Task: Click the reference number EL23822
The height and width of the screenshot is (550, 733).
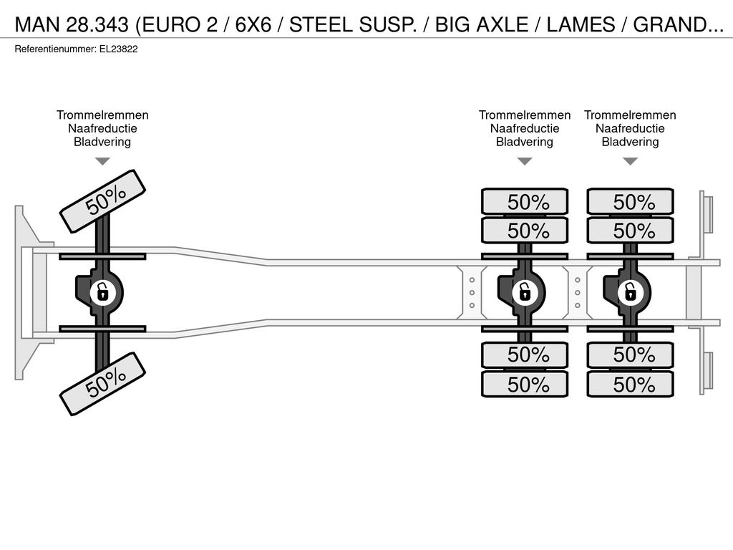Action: point(118,49)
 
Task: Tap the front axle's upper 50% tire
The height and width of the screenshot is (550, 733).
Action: point(103,201)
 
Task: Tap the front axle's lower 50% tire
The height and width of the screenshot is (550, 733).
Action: point(103,384)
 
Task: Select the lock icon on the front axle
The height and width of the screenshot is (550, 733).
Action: point(102,293)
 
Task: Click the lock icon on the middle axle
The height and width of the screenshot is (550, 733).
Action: point(525,293)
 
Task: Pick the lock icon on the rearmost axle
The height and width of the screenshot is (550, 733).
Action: point(630,293)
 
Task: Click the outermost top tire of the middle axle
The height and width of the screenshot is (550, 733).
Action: point(525,201)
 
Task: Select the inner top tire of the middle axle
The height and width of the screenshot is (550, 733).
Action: point(525,230)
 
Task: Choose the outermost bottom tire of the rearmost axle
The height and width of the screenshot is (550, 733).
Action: point(630,384)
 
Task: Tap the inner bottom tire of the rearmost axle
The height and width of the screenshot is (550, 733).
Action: point(630,355)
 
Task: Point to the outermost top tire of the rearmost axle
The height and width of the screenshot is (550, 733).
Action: point(630,201)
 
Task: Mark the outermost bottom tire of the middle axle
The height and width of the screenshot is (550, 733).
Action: point(525,384)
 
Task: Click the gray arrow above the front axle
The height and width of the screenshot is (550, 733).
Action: point(102,161)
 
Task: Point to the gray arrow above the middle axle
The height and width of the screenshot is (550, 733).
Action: point(525,161)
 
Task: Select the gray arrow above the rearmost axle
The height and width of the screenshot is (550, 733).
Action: point(630,161)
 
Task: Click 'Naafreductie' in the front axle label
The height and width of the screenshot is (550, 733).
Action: point(102,129)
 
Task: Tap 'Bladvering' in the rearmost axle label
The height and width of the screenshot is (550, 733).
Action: point(630,142)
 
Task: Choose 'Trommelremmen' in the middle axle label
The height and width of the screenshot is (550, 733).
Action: point(525,115)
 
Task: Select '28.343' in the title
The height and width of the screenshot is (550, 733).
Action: point(97,24)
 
